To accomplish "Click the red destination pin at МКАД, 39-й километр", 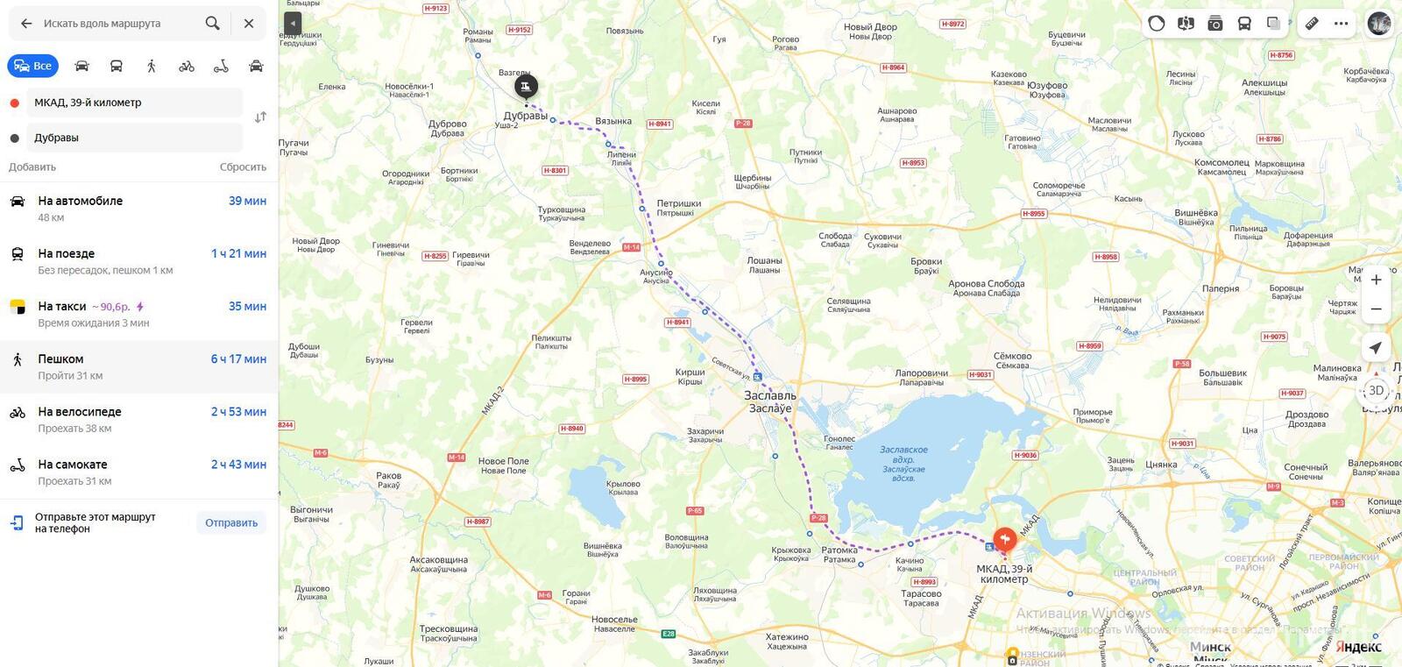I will [1004, 538].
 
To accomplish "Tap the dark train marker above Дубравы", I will [526, 86].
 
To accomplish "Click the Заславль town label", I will [770, 396].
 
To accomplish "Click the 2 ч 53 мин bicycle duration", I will [238, 412].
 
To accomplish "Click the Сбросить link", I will [243, 167].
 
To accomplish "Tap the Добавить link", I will [32, 167].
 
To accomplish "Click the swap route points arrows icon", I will [260, 117].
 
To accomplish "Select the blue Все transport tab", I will [33, 66].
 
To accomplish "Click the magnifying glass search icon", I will [212, 24].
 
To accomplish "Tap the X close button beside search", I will [249, 24].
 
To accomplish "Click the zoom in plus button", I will [1376, 280].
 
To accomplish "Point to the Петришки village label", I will [678, 203].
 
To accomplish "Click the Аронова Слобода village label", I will [986, 284].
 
